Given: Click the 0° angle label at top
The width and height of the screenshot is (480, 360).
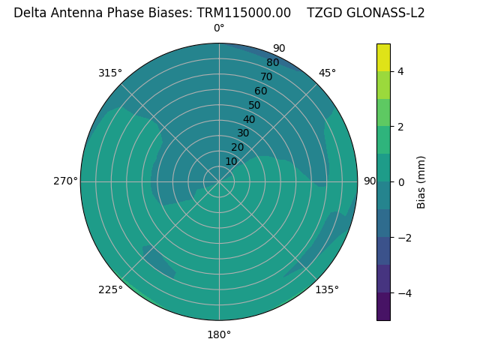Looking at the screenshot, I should pos(219,28).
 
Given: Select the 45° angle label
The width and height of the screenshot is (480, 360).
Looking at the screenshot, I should pos(327,73).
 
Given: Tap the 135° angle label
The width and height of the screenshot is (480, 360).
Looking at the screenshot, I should pos(327,289).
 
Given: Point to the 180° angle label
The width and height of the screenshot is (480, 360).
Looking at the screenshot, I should pos(219,334).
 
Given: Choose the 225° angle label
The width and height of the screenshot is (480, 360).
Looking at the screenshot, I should pos(110,289).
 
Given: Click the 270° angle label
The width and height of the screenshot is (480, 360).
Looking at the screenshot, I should pos(65,181).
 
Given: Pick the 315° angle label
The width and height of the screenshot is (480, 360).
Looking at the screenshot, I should pos(110,73).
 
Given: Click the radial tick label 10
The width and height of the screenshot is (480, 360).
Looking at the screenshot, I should pos(231,161).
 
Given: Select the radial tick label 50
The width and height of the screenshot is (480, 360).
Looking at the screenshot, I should pos(254,105).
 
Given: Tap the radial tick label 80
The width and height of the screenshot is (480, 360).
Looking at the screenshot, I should pos(272,62).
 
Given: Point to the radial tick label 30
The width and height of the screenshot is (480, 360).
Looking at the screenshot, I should pos(243,133).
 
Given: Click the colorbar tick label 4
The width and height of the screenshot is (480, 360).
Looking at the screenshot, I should pos(400,72).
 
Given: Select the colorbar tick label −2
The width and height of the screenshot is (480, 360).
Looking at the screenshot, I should pos(403,237).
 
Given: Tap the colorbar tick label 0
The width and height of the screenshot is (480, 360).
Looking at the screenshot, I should pos(400,182).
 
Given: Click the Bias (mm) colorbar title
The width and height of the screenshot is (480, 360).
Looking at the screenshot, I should pos(421,182).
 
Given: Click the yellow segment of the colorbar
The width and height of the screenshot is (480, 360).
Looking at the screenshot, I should pos(383,57).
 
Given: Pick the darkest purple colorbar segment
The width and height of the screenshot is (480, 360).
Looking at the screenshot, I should pos(383,306).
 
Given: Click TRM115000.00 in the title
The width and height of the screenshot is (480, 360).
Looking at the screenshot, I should pos(244,13).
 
